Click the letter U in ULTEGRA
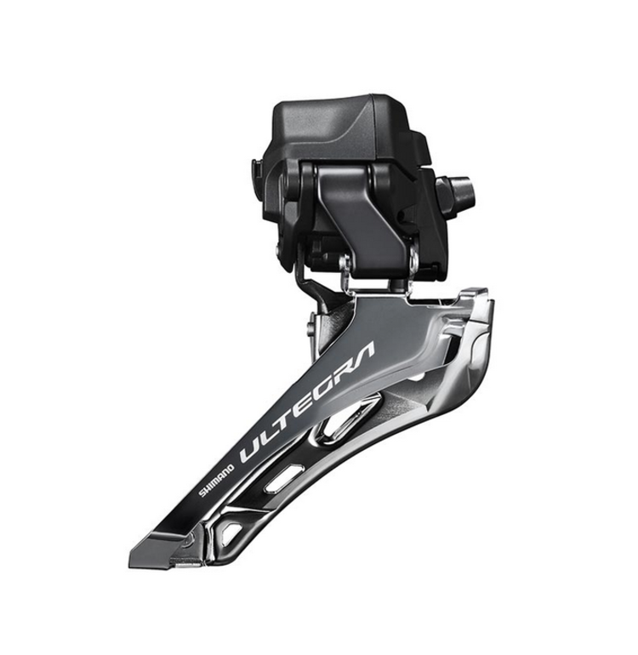(253, 449)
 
